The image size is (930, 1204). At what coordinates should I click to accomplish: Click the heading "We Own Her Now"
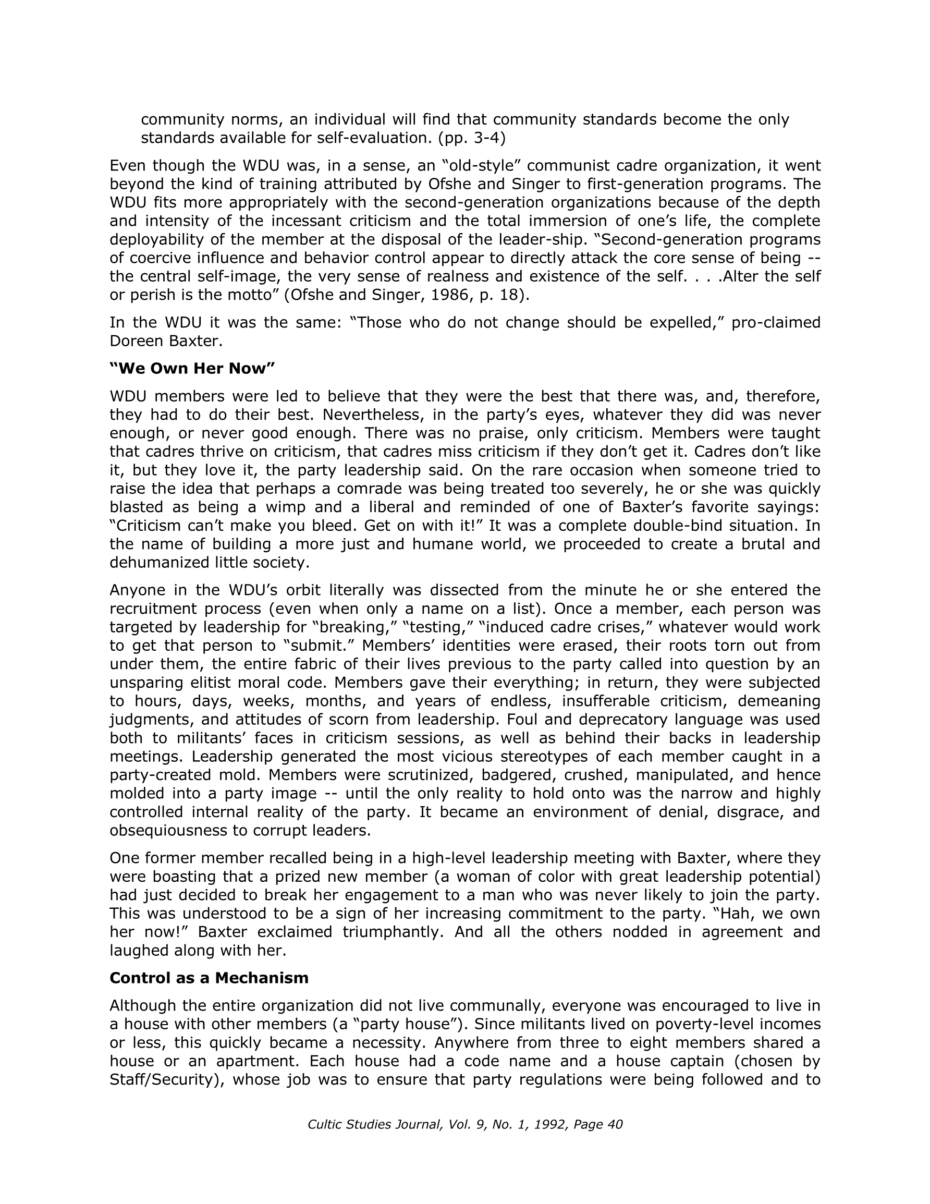192,369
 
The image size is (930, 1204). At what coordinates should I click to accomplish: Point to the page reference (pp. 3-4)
471,138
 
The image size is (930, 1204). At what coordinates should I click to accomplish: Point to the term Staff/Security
165,1080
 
